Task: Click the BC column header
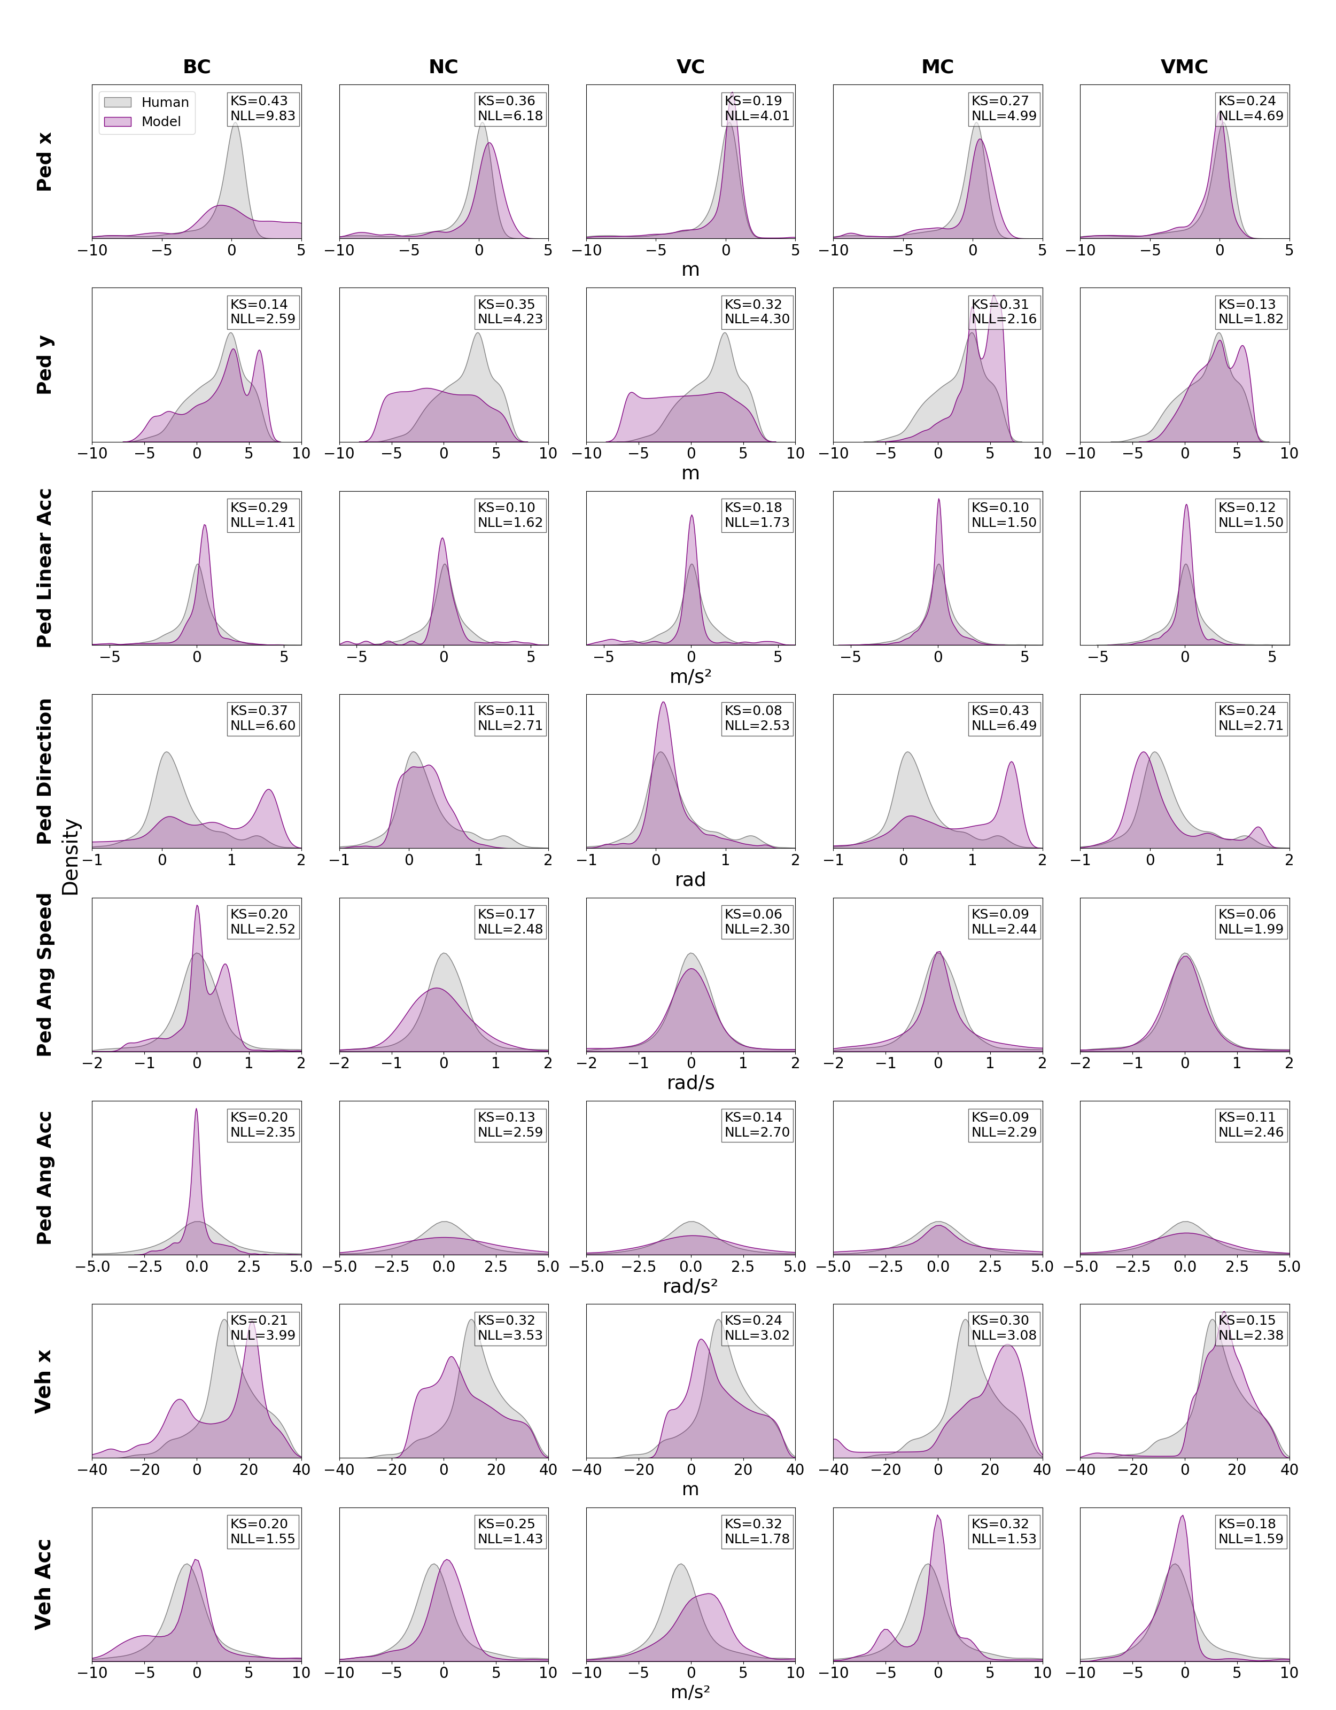point(197,67)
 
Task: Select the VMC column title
point(1184,67)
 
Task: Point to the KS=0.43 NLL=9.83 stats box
point(262,108)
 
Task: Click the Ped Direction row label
point(45,771)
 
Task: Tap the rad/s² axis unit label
point(690,1286)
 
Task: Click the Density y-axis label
point(71,857)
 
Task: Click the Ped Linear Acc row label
point(45,568)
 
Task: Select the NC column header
point(443,67)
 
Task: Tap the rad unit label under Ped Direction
point(690,879)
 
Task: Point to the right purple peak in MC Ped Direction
point(1012,765)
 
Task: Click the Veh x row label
point(45,1381)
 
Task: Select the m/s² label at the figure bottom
point(690,1692)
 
